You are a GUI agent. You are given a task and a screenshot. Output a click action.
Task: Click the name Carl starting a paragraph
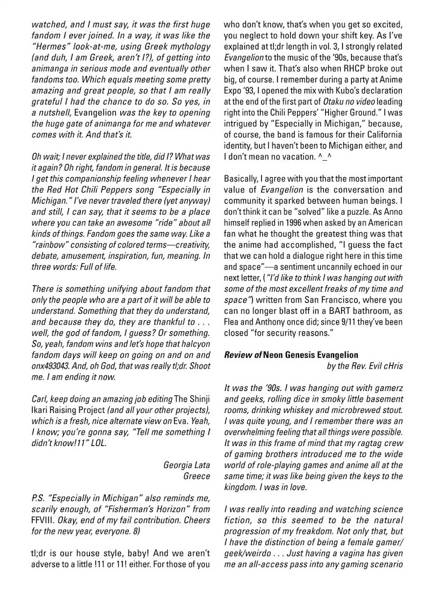coord(40,402)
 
